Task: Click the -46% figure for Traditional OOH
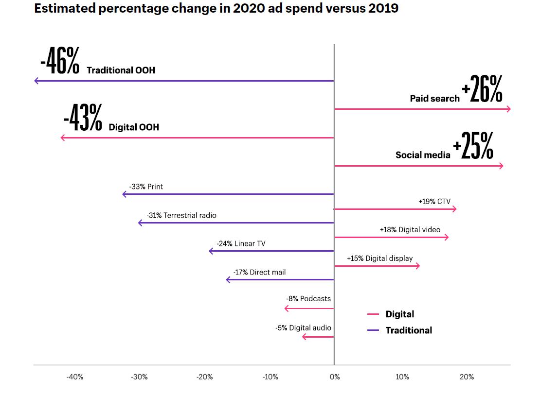click(59, 61)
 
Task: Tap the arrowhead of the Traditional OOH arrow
click(36, 81)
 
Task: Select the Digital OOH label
click(134, 127)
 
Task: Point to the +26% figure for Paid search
click(482, 89)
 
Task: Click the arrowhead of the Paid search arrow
click(509, 109)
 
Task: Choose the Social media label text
click(423, 155)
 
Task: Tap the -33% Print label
click(146, 187)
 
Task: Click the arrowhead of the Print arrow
click(124, 194)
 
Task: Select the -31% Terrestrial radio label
click(181, 215)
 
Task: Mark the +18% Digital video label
click(410, 230)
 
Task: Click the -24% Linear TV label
click(241, 243)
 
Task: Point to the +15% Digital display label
click(379, 258)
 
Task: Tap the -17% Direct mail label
click(259, 272)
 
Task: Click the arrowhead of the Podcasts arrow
click(286, 309)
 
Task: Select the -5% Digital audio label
click(303, 328)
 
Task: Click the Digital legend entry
click(399, 314)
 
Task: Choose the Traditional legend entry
click(408, 330)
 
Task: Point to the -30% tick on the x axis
click(140, 377)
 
